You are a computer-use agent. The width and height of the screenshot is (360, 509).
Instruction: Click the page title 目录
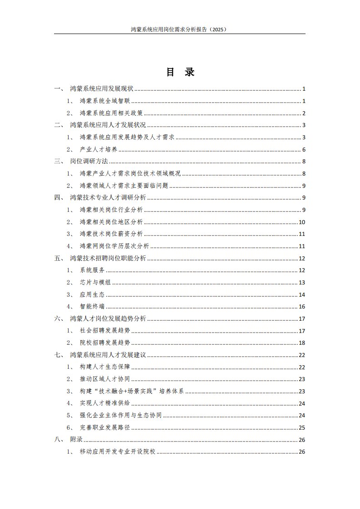(180, 73)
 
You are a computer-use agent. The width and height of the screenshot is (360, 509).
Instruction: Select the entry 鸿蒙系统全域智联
(105, 101)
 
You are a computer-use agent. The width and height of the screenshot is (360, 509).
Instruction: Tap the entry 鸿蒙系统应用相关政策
(111, 113)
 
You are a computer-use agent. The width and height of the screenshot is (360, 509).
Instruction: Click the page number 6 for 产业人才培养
(304, 150)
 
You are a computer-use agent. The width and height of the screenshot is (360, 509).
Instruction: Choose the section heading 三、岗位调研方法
(80, 162)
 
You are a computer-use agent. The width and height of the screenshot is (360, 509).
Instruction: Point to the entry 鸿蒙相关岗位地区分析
(111, 222)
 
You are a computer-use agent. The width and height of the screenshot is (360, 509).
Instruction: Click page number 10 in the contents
(302, 222)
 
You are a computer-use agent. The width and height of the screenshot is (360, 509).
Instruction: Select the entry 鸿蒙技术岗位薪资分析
(111, 234)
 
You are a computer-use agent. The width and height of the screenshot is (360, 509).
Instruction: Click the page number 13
(302, 283)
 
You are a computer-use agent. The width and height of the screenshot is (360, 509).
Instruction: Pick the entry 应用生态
(92, 294)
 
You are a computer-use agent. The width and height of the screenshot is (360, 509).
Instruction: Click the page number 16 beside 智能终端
(302, 307)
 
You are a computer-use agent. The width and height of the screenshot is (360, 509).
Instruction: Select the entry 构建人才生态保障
(105, 367)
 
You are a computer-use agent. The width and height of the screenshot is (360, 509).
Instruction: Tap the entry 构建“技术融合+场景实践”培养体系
(132, 391)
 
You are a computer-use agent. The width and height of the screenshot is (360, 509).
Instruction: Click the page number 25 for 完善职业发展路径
(302, 427)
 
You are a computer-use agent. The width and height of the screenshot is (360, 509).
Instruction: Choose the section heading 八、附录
(69, 440)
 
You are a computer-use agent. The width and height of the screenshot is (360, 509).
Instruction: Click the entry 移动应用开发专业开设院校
(118, 452)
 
